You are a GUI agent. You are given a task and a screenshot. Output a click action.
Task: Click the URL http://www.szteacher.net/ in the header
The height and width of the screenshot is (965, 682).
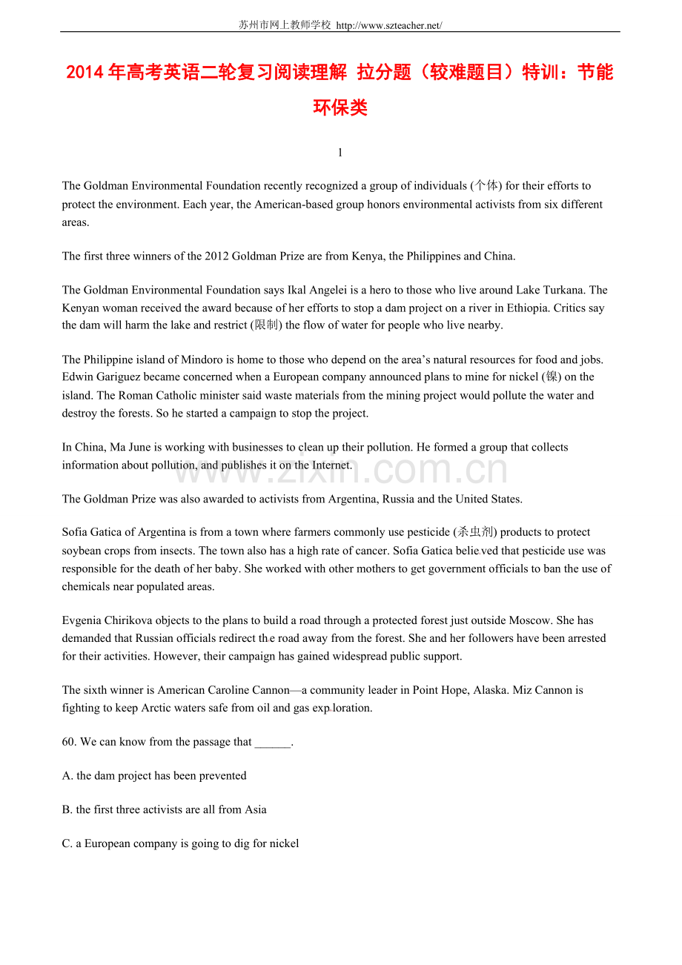[389, 25]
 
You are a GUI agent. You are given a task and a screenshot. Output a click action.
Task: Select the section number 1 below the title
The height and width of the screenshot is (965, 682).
[340, 153]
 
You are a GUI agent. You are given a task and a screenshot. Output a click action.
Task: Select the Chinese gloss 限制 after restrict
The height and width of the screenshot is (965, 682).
[266, 325]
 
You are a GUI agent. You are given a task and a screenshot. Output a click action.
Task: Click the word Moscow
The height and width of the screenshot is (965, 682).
[532, 620]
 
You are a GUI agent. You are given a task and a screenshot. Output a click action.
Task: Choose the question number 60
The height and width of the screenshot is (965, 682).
[69, 742]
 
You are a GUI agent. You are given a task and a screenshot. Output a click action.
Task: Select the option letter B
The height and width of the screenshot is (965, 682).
[66, 809]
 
